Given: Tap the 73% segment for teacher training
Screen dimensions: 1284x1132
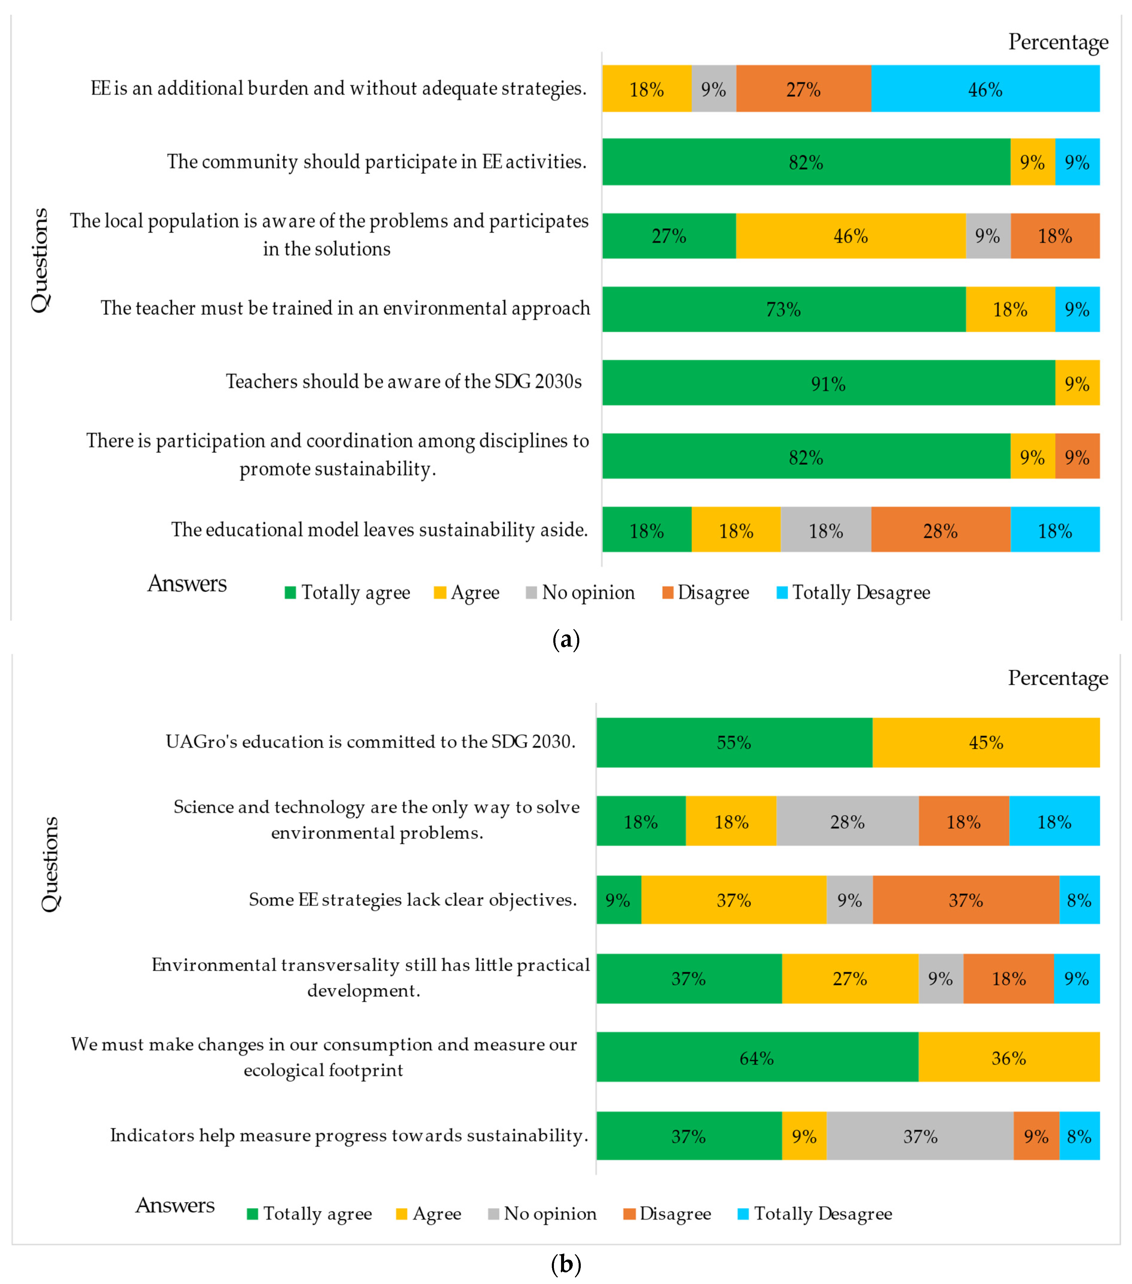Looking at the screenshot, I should (x=783, y=309).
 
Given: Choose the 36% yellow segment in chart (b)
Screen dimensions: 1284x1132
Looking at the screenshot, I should (x=1008, y=1059).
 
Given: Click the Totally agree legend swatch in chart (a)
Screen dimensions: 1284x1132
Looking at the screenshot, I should (x=290, y=592).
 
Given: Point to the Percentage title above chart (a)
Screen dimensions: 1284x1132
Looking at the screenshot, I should (x=1058, y=42).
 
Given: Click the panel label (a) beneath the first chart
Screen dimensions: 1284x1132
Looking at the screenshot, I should (x=565, y=639).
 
